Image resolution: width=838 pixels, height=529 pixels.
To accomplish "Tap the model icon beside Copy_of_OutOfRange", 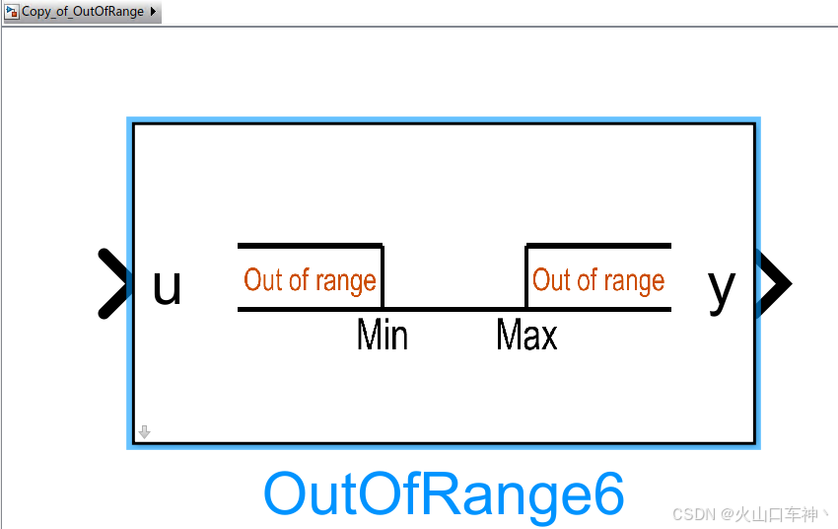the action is pyautogui.click(x=13, y=12).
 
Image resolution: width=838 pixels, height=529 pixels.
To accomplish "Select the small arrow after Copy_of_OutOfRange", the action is pyautogui.click(x=153, y=12).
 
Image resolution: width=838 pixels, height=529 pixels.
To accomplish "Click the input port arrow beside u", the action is pyautogui.click(x=114, y=284).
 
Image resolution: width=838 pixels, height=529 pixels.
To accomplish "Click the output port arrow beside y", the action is pyautogui.click(x=774, y=284).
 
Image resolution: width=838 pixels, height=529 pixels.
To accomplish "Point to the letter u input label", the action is pyautogui.click(x=167, y=286).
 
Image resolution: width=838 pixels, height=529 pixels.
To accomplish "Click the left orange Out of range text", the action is pyautogui.click(x=310, y=280).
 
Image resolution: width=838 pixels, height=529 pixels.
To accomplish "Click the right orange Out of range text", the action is pyautogui.click(x=598, y=280).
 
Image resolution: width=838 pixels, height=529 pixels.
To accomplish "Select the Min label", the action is pyautogui.click(x=382, y=336).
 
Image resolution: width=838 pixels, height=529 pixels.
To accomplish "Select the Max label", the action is pyautogui.click(x=526, y=336).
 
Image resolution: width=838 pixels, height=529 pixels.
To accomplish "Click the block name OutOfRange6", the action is pyautogui.click(x=444, y=493).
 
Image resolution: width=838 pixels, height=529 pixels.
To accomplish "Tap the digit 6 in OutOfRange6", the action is pyautogui.click(x=606, y=493).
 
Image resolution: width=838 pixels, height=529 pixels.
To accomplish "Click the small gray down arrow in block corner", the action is pyautogui.click(x=144, y=432).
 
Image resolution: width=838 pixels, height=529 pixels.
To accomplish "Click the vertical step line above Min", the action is pyautogui.click(x=383, y=277).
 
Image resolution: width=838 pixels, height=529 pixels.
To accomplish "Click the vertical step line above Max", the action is pyautogui.click(x=526, y=277).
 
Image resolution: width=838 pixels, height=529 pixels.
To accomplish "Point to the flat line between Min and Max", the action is pyautogui.click(x=454, y=309).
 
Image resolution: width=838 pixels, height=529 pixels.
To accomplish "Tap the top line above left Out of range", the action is pyautogui.click(x=310, y=245).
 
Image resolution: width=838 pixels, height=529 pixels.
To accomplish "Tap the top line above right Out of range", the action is pyautogui.click(x=598, y=245).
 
